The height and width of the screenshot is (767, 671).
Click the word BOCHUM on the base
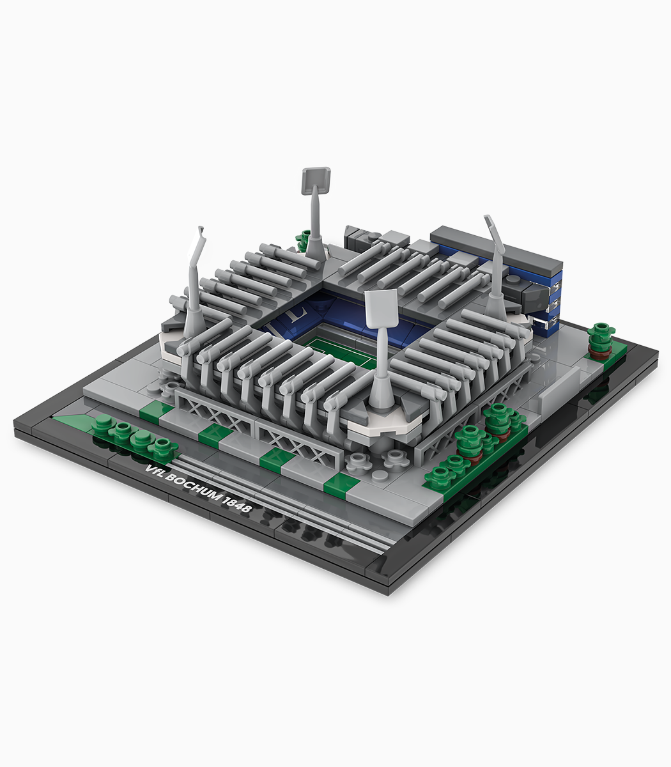point(193,487)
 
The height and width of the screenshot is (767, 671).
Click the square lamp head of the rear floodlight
point(316,180)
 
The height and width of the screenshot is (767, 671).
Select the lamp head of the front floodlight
point(381,308)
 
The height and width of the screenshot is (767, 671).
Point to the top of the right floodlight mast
point(487,218)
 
